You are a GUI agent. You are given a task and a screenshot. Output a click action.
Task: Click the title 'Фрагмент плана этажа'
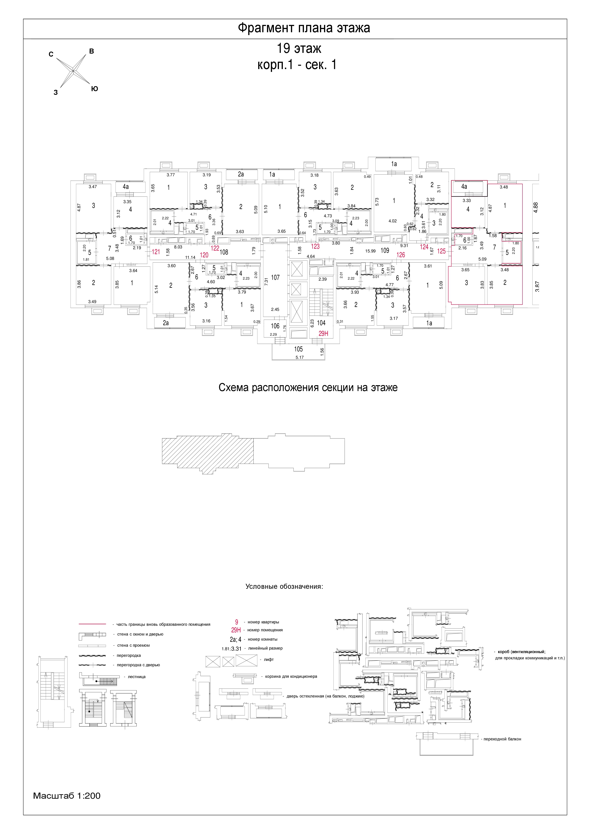pyautogui.click(x=304, y=28)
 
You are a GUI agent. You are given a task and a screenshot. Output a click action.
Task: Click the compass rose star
pyautogui.click(x=73, y=70)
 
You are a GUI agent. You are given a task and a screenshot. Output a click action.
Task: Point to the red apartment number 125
pyautogui.click(x=441, y=251)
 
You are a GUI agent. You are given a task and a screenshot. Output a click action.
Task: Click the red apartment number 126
pyautogui.click(x=400, y=255)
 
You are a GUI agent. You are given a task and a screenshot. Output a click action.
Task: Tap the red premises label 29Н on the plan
pyautogui.click(x=323, y=333)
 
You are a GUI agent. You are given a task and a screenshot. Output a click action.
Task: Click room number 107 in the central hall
pyautogui.click(x=275, y=277)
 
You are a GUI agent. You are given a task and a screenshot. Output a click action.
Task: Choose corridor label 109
pyautogui.click(x=385, y=250)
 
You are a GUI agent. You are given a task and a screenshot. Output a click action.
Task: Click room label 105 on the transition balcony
pyautogui.click(x=298, y=349)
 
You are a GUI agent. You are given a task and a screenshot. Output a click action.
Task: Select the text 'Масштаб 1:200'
pyautogui.click(x=67, y=796)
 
